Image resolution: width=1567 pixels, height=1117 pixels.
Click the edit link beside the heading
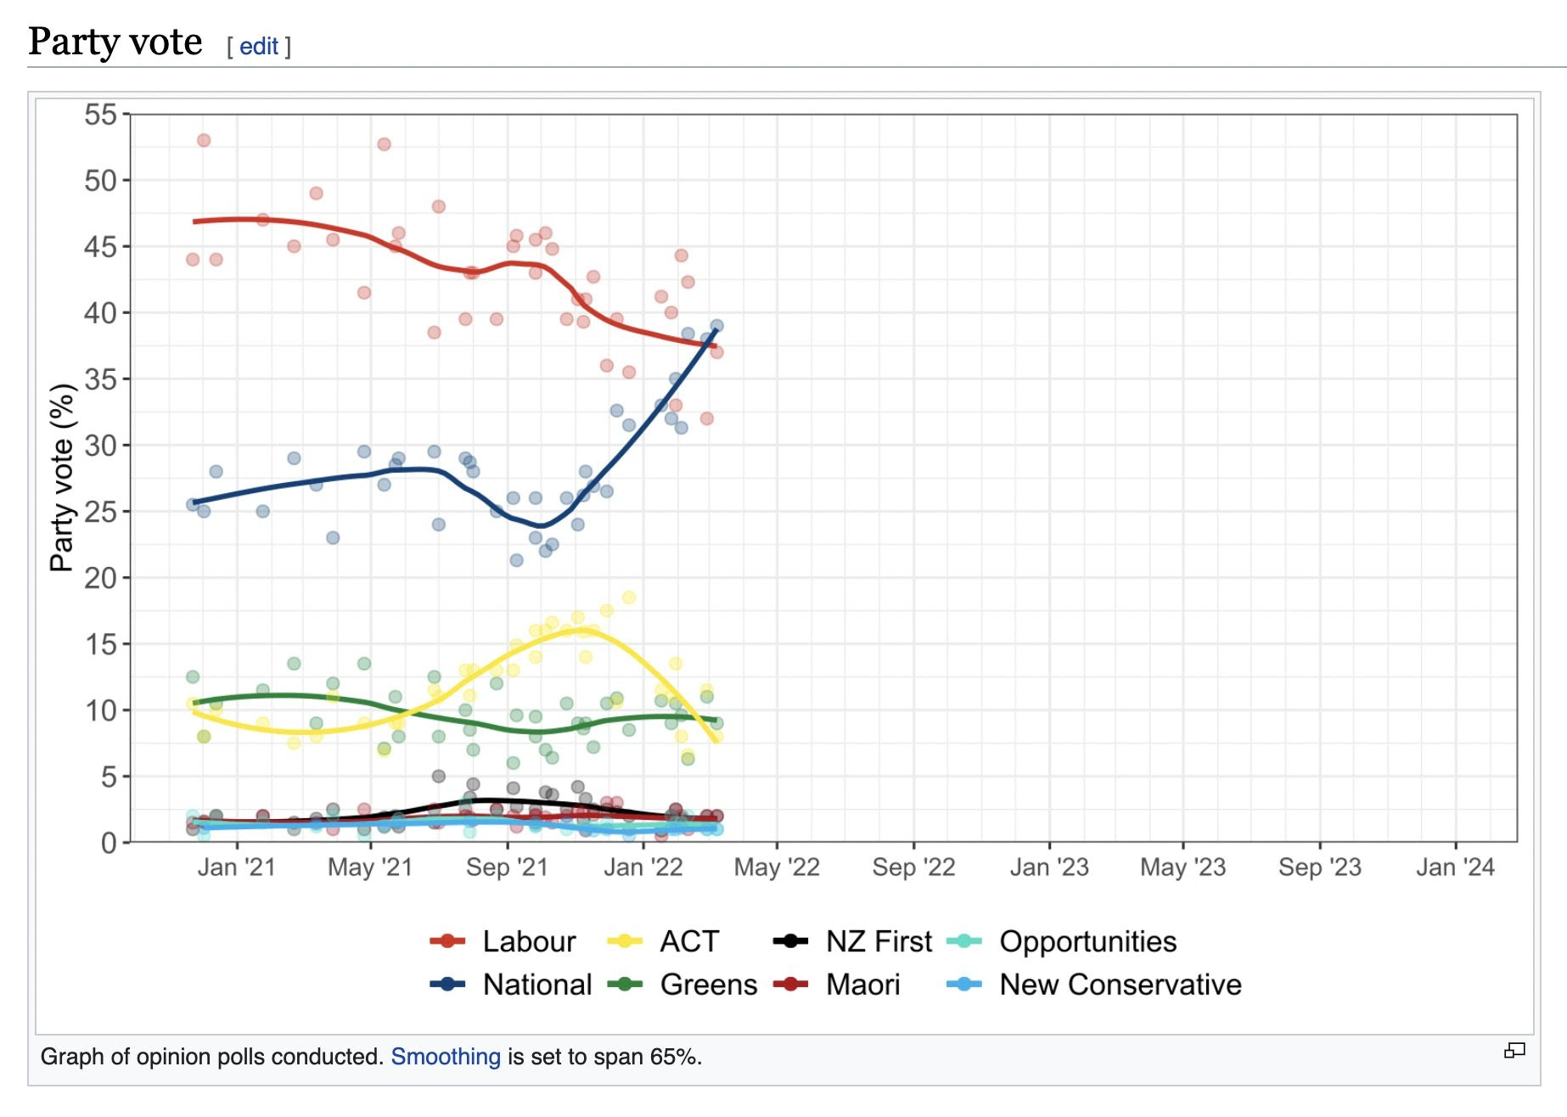(258, 46)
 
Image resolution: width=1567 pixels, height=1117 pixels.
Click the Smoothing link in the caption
(445, 1057)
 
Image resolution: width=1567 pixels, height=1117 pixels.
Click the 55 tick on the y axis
(101, 115)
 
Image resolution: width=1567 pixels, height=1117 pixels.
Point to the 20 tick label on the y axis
(101, 578)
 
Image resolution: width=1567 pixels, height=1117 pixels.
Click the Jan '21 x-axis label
(236, 867)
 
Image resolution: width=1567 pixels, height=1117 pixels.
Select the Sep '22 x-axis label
(913, 867)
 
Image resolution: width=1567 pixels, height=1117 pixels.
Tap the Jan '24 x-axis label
(1455, 867)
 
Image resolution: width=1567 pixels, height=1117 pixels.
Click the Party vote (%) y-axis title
(62, 478)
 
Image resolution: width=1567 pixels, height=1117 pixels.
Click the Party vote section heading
(115, 42)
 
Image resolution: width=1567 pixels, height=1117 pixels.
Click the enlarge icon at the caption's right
(1514, 1051)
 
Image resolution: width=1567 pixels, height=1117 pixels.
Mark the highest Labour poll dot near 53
(204, 140)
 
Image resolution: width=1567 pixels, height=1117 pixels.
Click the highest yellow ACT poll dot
(629, 598)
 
